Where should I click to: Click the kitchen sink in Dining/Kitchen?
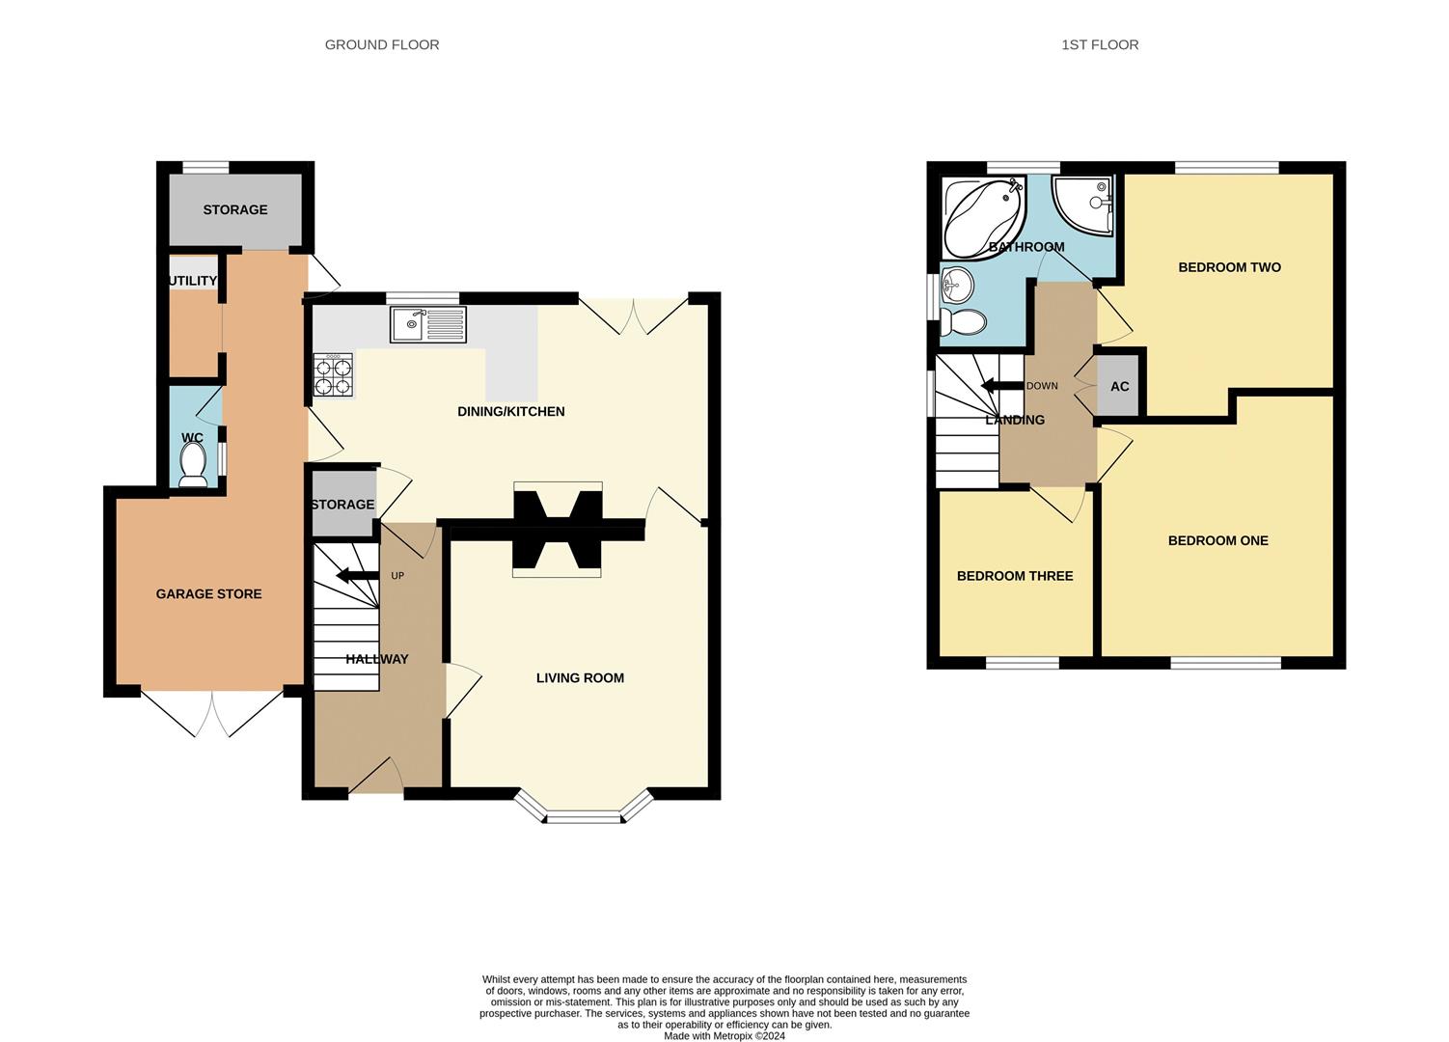coord(428,324)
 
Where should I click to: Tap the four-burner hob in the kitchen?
coord(333,375)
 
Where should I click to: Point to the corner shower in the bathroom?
coord(1084,205)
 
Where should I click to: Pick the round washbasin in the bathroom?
coord(957,286)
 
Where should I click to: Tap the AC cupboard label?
coord(1119,387)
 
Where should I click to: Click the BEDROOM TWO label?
coord(1229,267)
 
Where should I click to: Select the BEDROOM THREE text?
coord(1014,576)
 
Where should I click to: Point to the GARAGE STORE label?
coord(208,594)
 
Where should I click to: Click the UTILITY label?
coord(193,281)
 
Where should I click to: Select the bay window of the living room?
coord(584,815)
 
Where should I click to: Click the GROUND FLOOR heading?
coord(381,44)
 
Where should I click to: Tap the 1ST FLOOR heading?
coord(1100,44)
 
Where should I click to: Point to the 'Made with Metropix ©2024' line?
coord(724,1036)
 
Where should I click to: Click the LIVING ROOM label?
coord(580,678)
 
